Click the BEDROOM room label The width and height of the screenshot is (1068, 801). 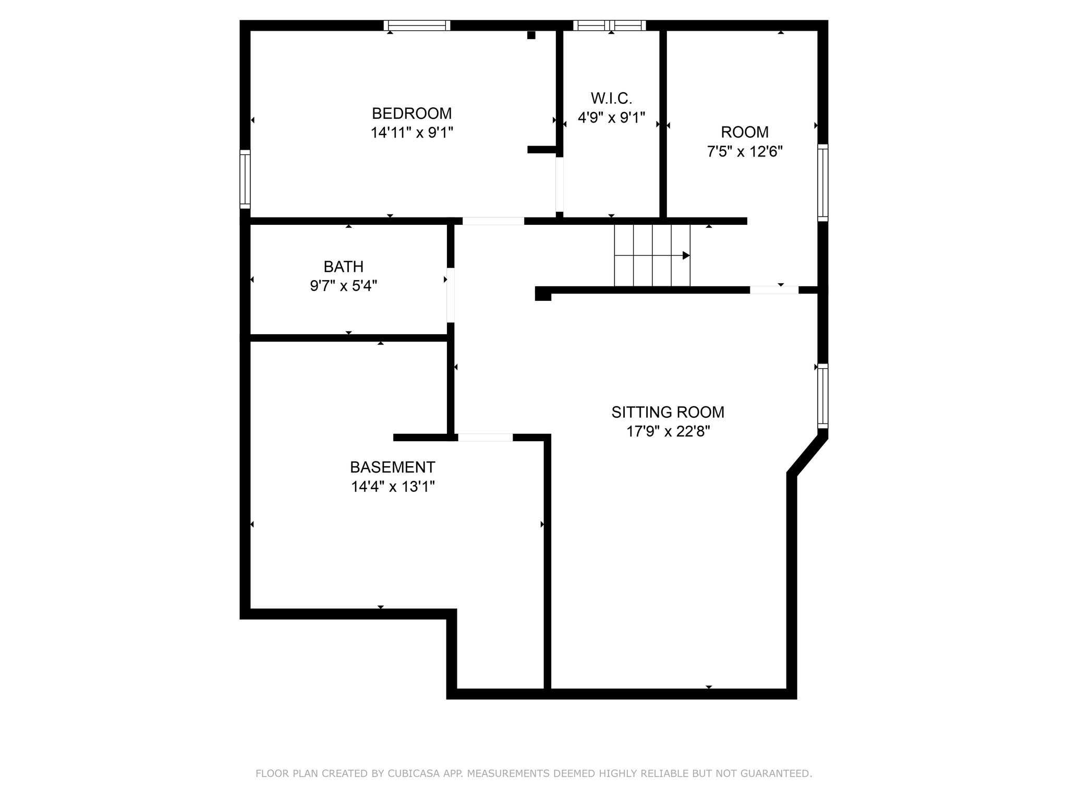[411, 113]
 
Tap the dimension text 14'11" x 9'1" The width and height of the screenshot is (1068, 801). [411, 132]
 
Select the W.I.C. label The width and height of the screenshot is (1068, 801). [611, 98]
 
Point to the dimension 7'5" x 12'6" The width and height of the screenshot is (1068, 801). [745, 151]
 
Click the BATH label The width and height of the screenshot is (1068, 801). [344, 266]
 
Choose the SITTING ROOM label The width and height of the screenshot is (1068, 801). [668, 412]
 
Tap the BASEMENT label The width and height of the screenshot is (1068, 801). [393, 467]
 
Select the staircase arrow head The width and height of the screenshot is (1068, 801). [686, 256]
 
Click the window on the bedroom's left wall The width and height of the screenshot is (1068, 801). [245, 179]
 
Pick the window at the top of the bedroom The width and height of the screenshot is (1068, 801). [417, 26]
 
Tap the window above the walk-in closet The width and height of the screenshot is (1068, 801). [610, 26]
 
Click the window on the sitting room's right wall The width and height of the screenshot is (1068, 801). [822, 396]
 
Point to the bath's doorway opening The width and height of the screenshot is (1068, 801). [451, 295]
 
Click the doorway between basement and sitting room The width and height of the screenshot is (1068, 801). [485, 438]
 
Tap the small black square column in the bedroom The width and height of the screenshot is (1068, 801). [531, 35]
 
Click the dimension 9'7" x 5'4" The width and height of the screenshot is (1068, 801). [344, 286]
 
